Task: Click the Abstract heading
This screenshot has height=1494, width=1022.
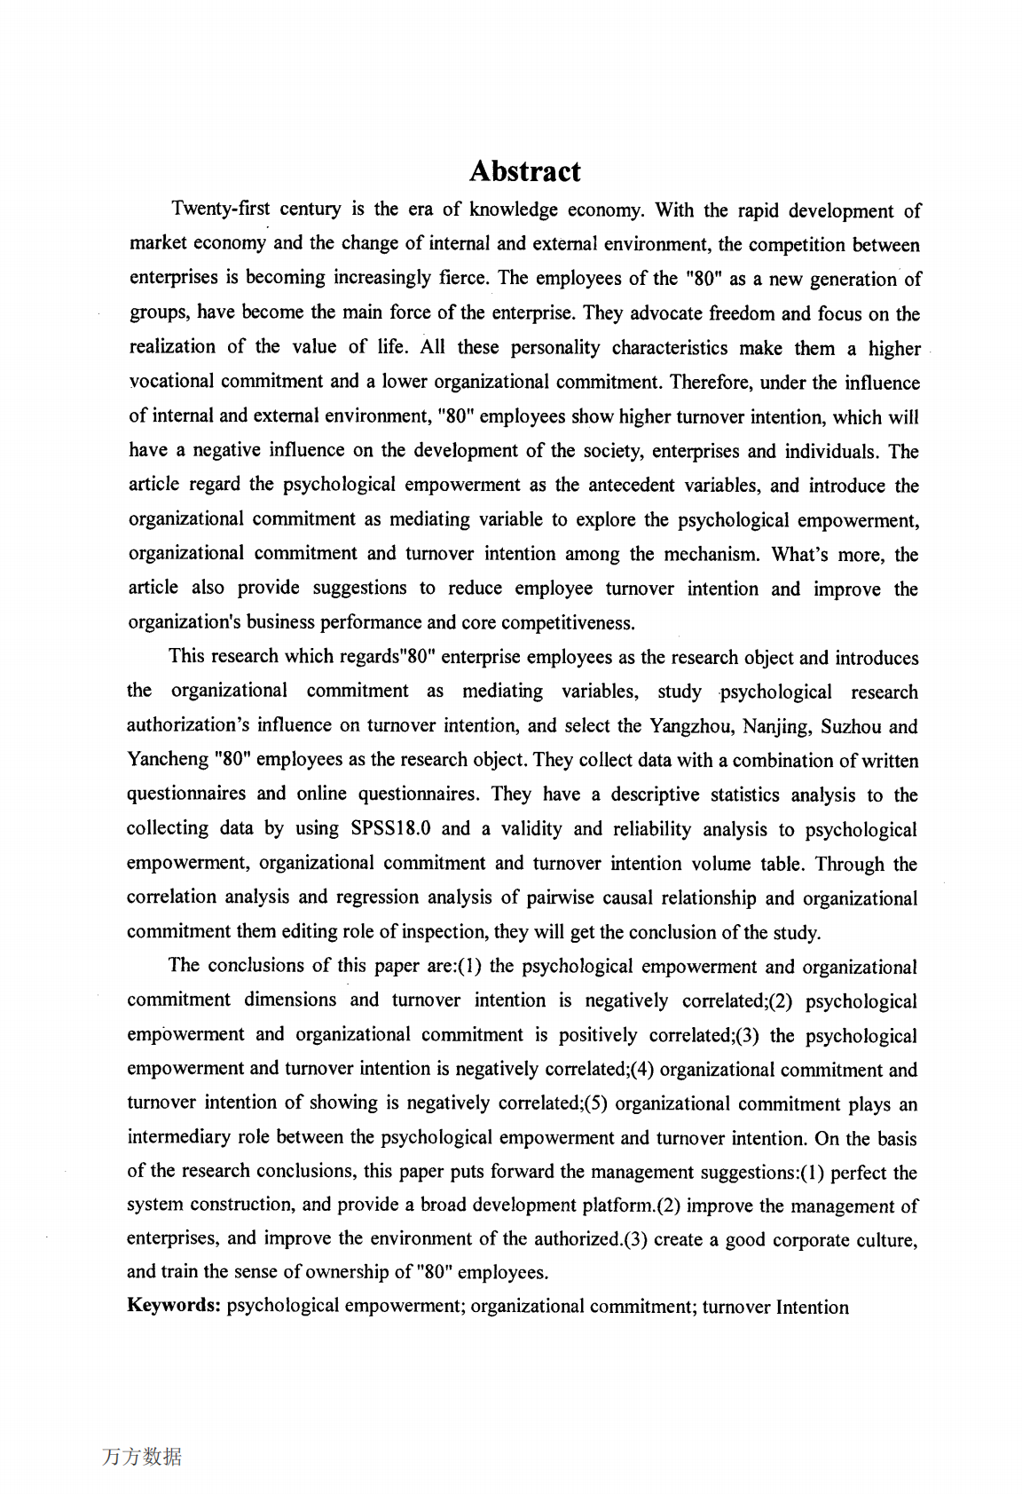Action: click(x=524, y=171)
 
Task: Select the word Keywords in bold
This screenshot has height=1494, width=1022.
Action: click(x=173, y=1305)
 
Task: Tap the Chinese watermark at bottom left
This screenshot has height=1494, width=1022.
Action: click(x=142, y=1457)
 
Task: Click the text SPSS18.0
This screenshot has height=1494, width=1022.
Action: click(x=390, y=829)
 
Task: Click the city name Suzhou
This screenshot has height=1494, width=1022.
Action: click(x=850, y=726)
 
